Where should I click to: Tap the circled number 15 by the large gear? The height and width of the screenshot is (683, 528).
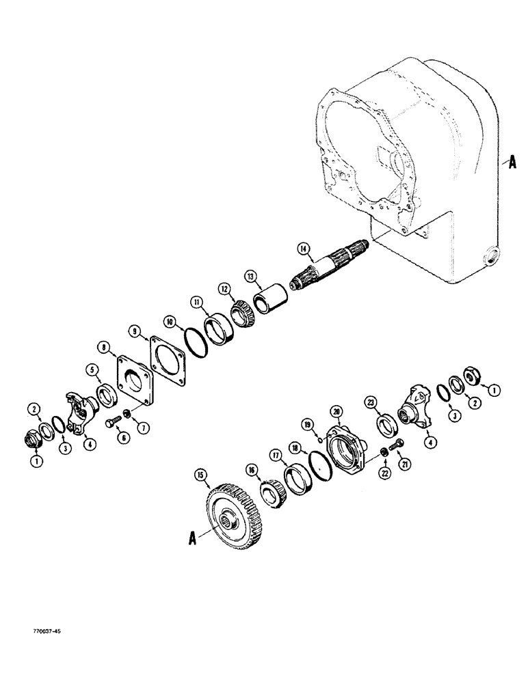pos(200,473)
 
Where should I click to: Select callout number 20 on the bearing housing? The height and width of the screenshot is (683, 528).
pos(336,411)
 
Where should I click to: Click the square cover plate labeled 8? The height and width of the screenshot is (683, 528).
pos(133,383)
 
